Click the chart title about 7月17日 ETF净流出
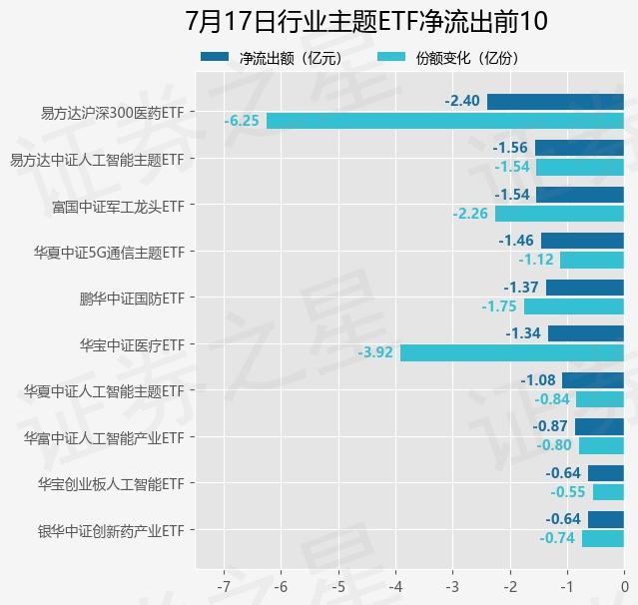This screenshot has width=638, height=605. [366, 21]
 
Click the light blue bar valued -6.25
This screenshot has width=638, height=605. [444, 121]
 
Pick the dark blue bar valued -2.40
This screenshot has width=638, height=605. [555, 102]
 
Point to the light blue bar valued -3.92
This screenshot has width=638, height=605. [511, 352]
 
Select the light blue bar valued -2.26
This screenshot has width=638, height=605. [559, 214]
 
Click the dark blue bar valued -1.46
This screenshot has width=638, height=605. [582, 241]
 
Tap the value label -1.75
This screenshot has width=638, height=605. [498, 306]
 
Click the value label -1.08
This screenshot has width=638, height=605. [537, 380]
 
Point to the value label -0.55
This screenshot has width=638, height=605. [567, 492]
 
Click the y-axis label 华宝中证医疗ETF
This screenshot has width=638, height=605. [132, 344]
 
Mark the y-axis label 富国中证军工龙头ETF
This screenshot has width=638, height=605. [118, 206]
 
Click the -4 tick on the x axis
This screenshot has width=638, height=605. [395, 585]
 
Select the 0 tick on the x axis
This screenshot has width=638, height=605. [624, 585]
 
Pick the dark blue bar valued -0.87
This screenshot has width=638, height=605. [599, 426]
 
